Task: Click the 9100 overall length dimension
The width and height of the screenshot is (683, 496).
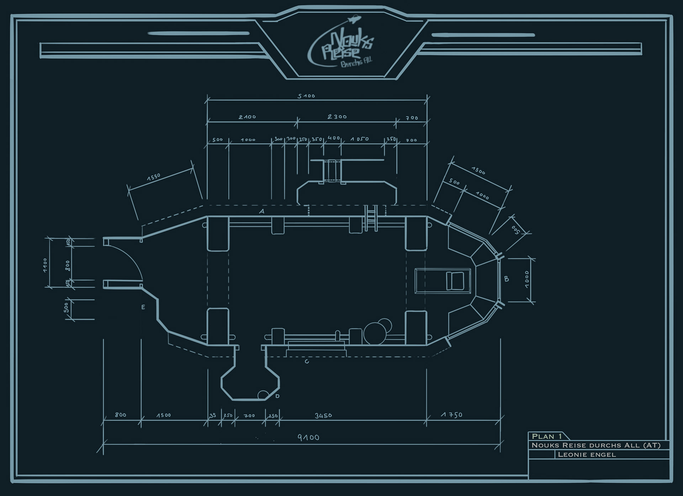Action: click(x=308, y=437)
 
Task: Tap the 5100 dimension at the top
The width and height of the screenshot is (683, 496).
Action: click(x=306, y=96)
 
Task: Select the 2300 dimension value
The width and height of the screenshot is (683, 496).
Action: click(x=337, y=117)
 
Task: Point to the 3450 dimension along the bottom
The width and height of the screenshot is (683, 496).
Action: click(x=323, y=415)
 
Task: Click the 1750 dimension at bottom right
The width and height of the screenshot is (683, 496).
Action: click(x=451, y=415)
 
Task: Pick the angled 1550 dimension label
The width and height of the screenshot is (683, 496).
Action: click(x=154, y=177)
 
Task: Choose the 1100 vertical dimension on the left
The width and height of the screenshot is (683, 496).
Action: click(x=45, y=265)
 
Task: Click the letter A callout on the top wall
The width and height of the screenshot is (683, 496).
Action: click(x=262, y=211)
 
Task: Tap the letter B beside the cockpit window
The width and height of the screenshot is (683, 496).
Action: click(x=507, y=279)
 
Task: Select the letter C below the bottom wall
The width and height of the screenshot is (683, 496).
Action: click(x=307, y=362)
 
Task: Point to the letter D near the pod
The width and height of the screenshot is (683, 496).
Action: click(x=277, y=396)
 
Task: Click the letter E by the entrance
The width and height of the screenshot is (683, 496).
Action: click(x=143, y=307)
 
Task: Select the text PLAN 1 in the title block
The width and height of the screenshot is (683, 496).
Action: click(x=547, y=436)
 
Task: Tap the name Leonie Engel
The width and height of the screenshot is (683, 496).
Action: click(x=587, y=454)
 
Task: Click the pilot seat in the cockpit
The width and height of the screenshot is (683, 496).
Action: click(x=455, y=281)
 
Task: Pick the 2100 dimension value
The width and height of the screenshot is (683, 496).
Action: click(x=247, y=117)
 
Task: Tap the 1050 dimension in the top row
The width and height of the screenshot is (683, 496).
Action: click(x=359, y=139)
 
